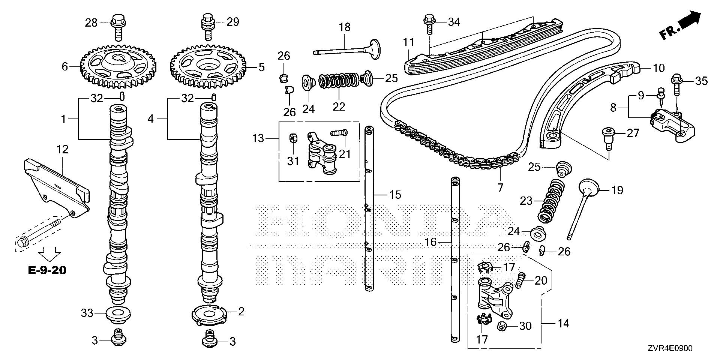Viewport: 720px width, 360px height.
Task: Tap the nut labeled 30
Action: click(x=502, y=325)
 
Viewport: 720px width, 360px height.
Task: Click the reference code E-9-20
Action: click(x=47, y=270)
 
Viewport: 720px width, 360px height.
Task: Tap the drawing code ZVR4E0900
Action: click(x=670, y=348)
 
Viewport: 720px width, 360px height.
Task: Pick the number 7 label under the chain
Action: click(x=500, y=187)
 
